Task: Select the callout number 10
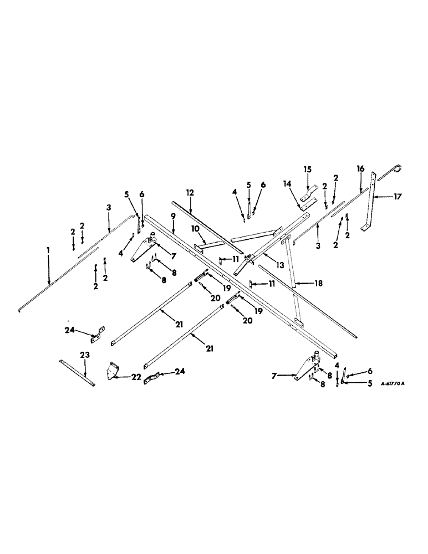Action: [x=195, y=228]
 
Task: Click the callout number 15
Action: [x=308, y=168]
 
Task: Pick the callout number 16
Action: [x=360, y=168]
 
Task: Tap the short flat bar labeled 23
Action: [x=77, y=371]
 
